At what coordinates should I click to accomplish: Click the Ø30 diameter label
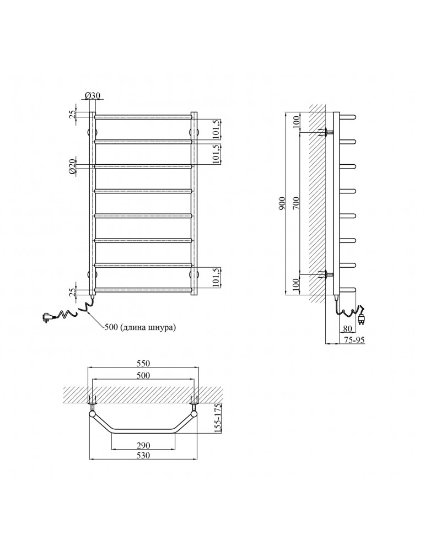93,95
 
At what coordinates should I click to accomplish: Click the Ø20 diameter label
72,166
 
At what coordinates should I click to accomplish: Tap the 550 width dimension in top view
143,364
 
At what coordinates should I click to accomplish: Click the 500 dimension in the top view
143,375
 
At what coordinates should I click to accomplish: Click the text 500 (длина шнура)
140,327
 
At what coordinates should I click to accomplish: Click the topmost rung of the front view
143,116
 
